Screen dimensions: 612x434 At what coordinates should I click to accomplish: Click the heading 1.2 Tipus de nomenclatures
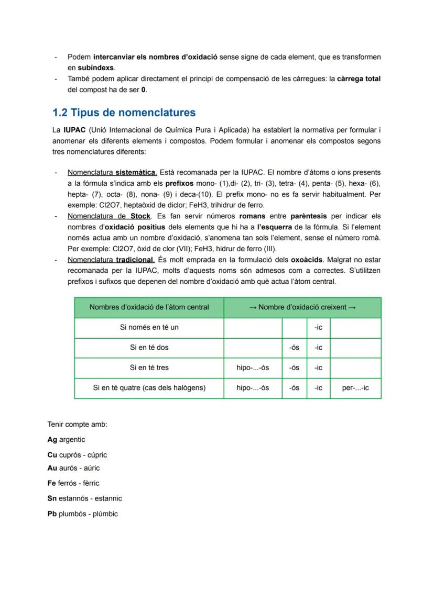click(x=124, y=113)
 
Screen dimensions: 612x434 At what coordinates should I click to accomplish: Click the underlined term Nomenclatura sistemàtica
click(x=112, y=172)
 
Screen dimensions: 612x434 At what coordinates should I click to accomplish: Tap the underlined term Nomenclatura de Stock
click(x=109, y=216)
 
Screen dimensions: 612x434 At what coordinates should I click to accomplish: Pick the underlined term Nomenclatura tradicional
click(x=111, y=260)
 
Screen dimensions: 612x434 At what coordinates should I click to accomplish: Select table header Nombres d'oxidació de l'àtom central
click(x=149, y=307)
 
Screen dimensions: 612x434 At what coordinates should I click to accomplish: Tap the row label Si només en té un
click(x=149, y=327)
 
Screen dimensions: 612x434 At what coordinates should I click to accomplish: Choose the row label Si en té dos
click(x=149, y=347)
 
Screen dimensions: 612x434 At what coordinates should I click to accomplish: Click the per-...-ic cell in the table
click(x=355, y=388)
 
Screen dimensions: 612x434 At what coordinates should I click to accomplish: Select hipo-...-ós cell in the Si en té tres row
click(x=253, y=368)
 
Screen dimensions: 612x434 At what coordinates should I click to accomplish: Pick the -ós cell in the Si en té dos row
click(x=294, y=347)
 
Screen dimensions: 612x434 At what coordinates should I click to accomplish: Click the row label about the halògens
click(x=149, y=388)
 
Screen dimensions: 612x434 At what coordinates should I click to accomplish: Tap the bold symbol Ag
click(x=52, y=440)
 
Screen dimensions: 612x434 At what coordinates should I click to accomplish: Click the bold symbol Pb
click(x=52, y=514)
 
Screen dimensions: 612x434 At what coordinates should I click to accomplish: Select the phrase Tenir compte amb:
click(x=77, y=424)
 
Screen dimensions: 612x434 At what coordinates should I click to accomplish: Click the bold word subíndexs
click(x=96, y=68)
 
